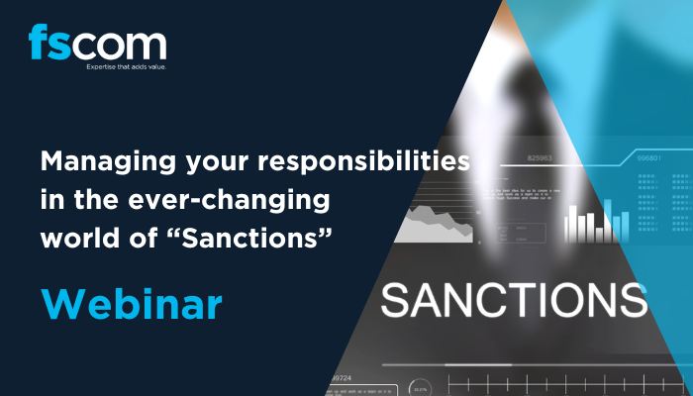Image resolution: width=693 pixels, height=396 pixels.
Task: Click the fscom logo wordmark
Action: click(x=97, y=45)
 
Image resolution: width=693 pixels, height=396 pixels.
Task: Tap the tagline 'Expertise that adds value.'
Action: click(x=97, y=68)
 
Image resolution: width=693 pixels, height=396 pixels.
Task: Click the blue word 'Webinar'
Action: click(x=131, y=303)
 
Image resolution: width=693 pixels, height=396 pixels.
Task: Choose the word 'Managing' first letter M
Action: click(x=51, y=160)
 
